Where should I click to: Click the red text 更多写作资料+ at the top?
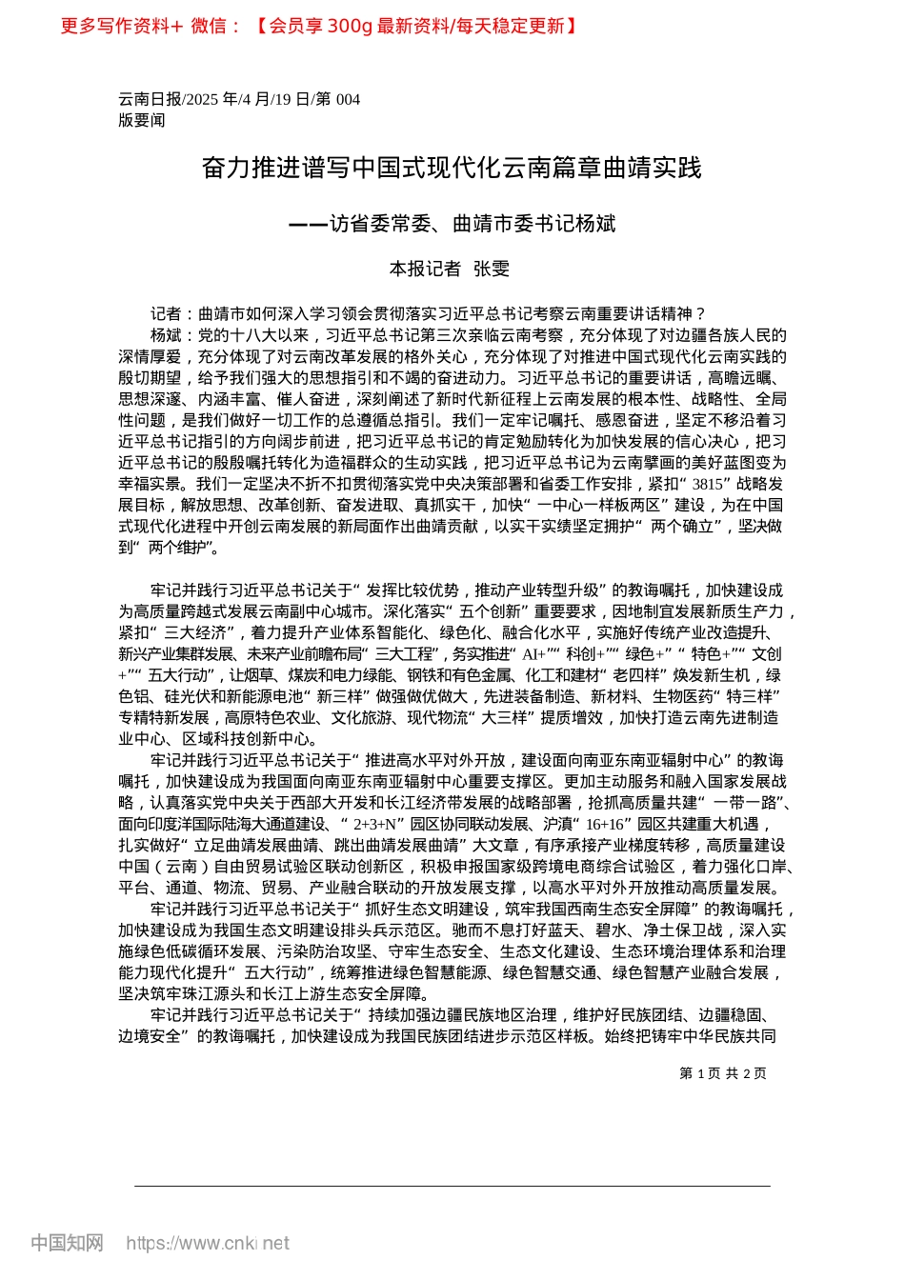(121, 26)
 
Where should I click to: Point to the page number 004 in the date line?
(348, 99)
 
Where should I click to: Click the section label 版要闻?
(142, 120)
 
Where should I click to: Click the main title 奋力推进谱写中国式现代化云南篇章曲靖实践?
(452, 168)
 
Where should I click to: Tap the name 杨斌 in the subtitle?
(595, 224)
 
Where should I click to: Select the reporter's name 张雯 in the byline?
(492, 270)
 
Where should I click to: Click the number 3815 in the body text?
(708, 484)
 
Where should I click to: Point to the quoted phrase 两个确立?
(682, 526)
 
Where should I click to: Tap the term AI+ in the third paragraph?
(534, 654)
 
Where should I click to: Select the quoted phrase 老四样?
(637, 675)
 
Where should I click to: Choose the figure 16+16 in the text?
(606, 824)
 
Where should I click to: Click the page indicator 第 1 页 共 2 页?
(723, 1073)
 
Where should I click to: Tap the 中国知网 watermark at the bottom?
(67, 1243)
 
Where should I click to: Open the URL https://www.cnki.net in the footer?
(208, 1243)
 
